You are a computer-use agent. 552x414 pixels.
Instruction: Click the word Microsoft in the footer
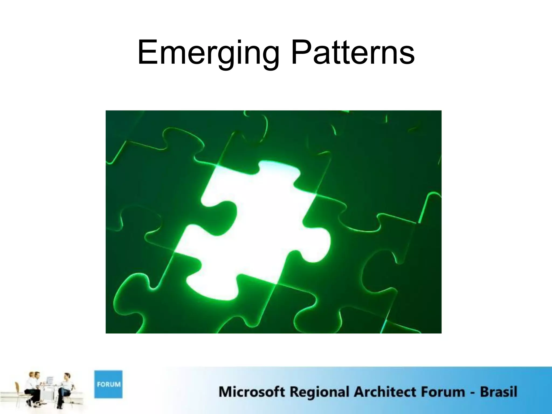[x=251, y=392]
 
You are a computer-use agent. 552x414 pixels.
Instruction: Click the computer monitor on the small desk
[x=50, y=380]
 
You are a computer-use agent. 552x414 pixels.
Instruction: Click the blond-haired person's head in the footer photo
[x=32, y=375]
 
